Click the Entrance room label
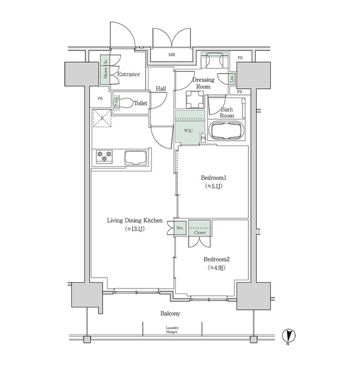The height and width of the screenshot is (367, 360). (x=129, y=74)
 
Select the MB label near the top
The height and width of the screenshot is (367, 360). (x=171, y=55)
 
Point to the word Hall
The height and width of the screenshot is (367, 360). (x=161, y=89)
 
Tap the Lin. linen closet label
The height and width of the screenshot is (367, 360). (x=232, y=78)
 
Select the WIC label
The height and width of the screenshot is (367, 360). (x=189, y=131)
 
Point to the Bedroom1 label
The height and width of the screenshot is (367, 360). (x=212, y=178)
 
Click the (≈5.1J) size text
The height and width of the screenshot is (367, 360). (x=212, y=186)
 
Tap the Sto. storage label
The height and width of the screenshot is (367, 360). (x=179, y=228)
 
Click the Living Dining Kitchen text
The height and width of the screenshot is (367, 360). (x=135, y=220)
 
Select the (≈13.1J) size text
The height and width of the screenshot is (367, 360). (x=135, y=229)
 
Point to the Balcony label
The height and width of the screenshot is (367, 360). (x=170, y=314)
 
